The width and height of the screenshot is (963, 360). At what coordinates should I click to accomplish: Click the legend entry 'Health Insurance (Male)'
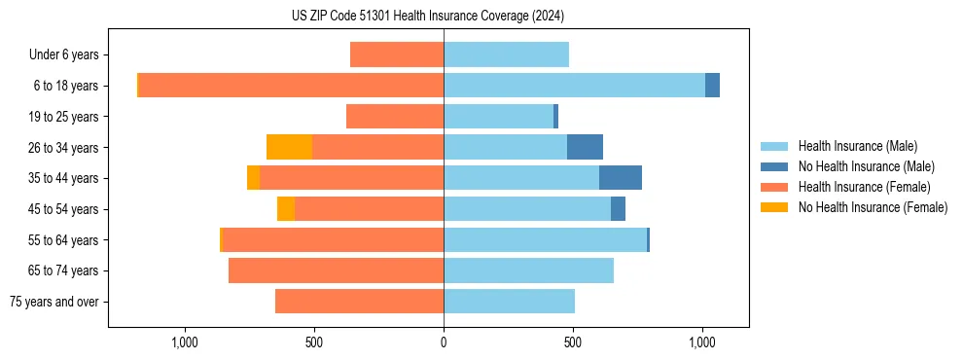857,146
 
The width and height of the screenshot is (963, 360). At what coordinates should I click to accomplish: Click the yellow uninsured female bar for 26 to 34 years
289,147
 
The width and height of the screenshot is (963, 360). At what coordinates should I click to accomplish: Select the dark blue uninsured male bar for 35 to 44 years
621,178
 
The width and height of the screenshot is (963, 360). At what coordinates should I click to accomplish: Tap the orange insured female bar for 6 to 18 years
292,86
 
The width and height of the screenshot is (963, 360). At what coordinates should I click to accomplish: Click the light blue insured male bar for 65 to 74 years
528,270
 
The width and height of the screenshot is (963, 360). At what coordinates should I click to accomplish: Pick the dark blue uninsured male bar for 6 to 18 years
712,86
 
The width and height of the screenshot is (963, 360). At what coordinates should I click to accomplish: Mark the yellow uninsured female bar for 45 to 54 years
286,209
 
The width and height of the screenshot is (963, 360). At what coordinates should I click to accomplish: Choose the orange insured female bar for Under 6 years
397,54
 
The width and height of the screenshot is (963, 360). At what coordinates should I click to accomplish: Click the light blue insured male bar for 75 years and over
509,302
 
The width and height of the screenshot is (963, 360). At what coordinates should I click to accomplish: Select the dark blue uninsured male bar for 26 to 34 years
585,147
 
